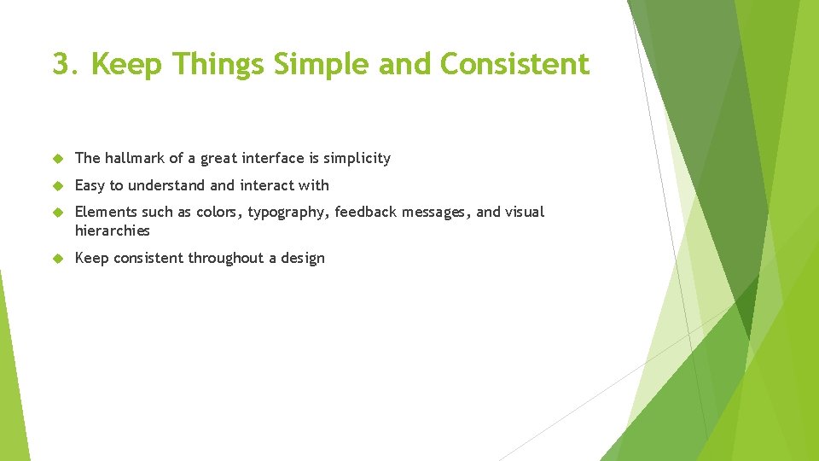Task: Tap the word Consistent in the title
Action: (x=514, y=64)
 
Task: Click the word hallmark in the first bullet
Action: (x=135, y=158)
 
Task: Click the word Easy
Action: (x=90, y=185)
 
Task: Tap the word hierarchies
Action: (x=112, y=230)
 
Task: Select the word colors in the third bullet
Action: (x=218, y=212)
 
